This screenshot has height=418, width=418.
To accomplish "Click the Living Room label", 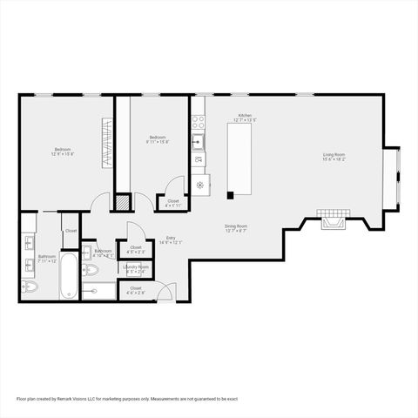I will click(334, 157).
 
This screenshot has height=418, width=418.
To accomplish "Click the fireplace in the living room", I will click(330, 219).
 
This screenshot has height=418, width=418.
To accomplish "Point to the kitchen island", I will click(239, 158).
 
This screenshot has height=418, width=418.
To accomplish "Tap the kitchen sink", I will click(199, 140).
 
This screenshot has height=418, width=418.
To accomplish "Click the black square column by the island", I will click(230, 195).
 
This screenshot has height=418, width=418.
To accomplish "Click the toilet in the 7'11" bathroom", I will click(30, 287).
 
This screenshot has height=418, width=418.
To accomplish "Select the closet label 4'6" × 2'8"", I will click(136, 291).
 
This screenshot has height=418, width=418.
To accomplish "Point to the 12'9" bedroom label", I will click(63, 152).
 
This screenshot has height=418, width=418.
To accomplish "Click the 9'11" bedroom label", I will click(158, 138).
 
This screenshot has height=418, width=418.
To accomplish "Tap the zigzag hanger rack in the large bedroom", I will click(108, 144).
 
